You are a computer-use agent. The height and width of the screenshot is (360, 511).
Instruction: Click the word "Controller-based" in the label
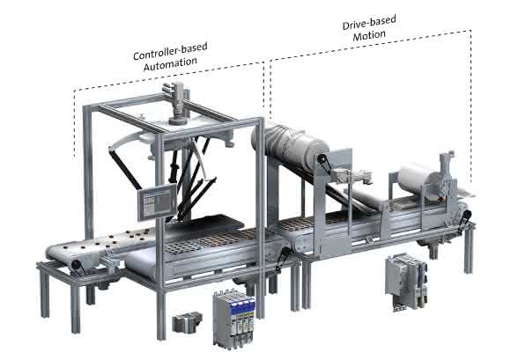170,51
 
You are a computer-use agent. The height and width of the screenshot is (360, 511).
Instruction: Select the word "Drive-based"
369,22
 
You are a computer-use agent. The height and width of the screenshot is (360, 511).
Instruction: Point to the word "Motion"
369,35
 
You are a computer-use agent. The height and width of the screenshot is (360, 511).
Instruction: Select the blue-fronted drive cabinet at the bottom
233,318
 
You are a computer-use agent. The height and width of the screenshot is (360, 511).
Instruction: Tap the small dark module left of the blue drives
187,322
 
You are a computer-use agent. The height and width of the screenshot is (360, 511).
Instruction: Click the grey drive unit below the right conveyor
406,281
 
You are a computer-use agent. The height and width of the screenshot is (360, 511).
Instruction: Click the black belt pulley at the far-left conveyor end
78,265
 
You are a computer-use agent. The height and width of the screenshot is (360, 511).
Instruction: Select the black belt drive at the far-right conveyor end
464,221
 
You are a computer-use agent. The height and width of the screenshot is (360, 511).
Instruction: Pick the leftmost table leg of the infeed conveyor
45,294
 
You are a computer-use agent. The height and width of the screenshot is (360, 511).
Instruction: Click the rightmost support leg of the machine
468,250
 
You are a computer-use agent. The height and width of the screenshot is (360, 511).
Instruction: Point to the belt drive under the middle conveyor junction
283,259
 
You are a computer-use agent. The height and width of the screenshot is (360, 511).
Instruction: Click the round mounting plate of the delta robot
186,133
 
